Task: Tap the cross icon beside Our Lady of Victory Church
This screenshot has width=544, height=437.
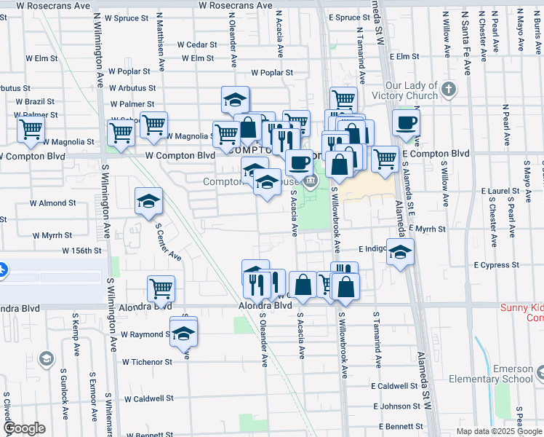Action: [449, 90]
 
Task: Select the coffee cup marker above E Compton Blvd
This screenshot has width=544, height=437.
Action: [406, 122]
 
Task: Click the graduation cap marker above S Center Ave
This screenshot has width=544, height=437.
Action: [148, 202]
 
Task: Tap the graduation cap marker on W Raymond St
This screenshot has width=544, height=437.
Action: [184, 332]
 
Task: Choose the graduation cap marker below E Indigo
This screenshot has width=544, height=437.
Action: [399, 253]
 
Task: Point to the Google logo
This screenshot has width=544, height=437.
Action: [25, 428]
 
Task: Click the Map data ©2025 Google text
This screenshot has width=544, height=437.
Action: [499, 431]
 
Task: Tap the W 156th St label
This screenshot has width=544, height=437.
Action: [80, 251]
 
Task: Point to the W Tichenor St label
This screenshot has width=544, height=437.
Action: [147, 361]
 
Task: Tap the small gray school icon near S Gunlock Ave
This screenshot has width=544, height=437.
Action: [47, 358]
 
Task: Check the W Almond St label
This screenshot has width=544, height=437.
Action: [52, 203]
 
